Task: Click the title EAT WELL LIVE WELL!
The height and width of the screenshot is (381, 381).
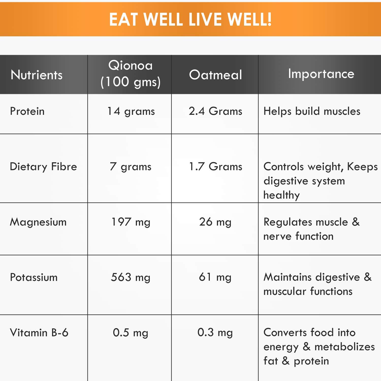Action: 190,19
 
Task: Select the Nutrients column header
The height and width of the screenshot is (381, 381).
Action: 37,75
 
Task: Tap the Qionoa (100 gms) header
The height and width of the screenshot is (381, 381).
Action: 130,74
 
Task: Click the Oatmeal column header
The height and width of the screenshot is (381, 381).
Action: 215,75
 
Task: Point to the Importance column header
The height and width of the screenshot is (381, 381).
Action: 321,74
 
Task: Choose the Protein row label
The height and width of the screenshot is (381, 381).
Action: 27,111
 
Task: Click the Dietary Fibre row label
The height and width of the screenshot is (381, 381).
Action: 43,167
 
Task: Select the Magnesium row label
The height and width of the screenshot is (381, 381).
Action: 38,222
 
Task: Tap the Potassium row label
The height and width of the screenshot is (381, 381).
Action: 34,277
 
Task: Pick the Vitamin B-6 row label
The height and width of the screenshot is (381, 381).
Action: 39,332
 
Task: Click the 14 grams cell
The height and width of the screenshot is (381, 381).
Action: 131,111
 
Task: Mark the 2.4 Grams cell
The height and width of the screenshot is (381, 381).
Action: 215,111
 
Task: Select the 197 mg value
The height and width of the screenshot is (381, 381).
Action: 131,222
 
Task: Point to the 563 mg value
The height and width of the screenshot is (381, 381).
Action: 131,277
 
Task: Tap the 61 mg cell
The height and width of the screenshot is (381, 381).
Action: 215,277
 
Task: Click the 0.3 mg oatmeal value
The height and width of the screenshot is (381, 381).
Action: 215,332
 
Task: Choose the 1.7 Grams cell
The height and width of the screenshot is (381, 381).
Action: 215,167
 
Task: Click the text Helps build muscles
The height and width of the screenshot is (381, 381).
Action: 312,111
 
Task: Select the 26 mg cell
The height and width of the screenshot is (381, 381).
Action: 215,222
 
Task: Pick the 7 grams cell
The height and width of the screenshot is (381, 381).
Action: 131,167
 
